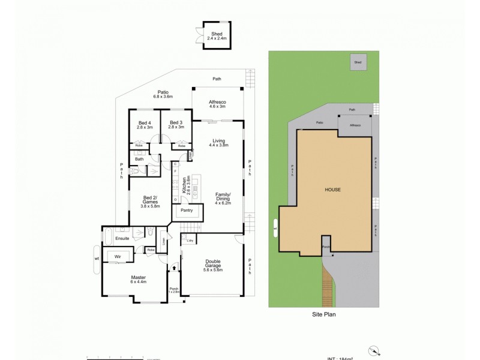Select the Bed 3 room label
point(176,125)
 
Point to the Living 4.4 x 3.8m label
point(218,143)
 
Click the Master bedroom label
point(139,280)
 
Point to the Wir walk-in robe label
point(118,256)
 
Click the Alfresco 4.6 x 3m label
point(217,104)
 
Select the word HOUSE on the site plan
point(333,189)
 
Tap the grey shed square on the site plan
point(358,62)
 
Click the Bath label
point(139,159)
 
